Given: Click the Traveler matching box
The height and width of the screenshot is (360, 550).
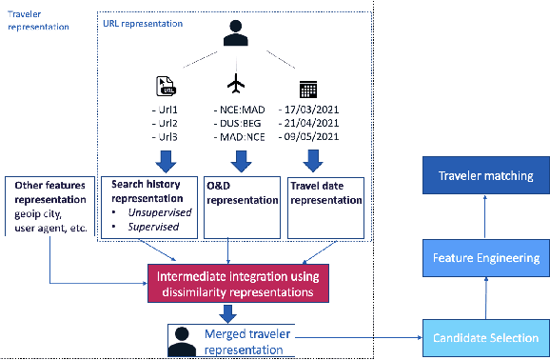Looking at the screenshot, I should [x=486, y=176].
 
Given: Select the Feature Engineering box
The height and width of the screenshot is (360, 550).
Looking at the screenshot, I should [x=486, y=257].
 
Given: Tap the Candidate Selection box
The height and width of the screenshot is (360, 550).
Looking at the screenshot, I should [x=486, y=338].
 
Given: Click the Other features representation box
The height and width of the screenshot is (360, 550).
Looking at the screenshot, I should [x=49, y=201].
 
